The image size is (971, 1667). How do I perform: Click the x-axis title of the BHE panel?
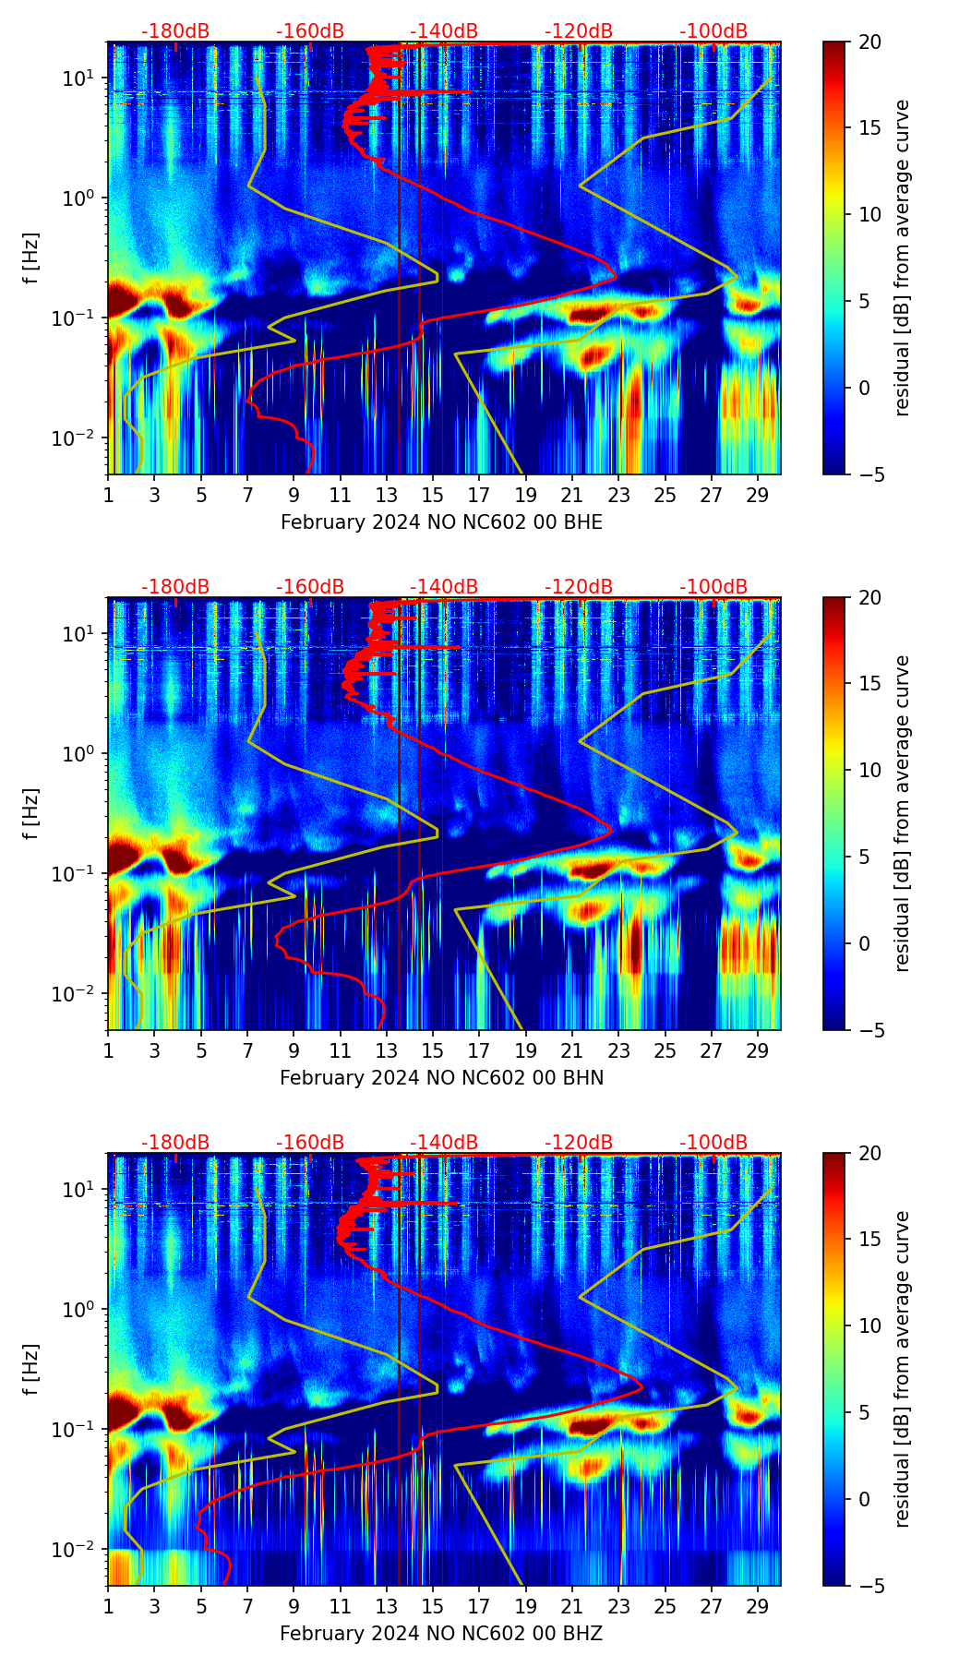(x=441, y=522)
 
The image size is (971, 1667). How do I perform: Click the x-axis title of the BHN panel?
(x=441, y=1078)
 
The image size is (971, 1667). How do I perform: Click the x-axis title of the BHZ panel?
(x=441, y=1634)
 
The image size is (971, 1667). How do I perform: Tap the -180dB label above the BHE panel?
(x=175, y=31)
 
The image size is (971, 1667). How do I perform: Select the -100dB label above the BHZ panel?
(x=713, y=1143)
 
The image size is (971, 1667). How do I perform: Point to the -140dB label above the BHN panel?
(x=444, y=587)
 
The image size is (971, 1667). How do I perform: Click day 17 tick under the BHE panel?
(x=479, y=495)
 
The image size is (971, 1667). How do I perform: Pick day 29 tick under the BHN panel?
(x=758, y=1050)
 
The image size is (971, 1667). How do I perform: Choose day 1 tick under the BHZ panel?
(x=108, y=1606)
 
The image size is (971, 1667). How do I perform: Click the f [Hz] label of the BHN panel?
(x=31, y=813)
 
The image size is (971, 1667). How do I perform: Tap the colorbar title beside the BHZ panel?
(x=902, y=1369)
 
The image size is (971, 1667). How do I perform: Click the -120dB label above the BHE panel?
(x=579, y=31)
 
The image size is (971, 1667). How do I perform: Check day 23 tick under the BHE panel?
(x=618, y=495)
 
